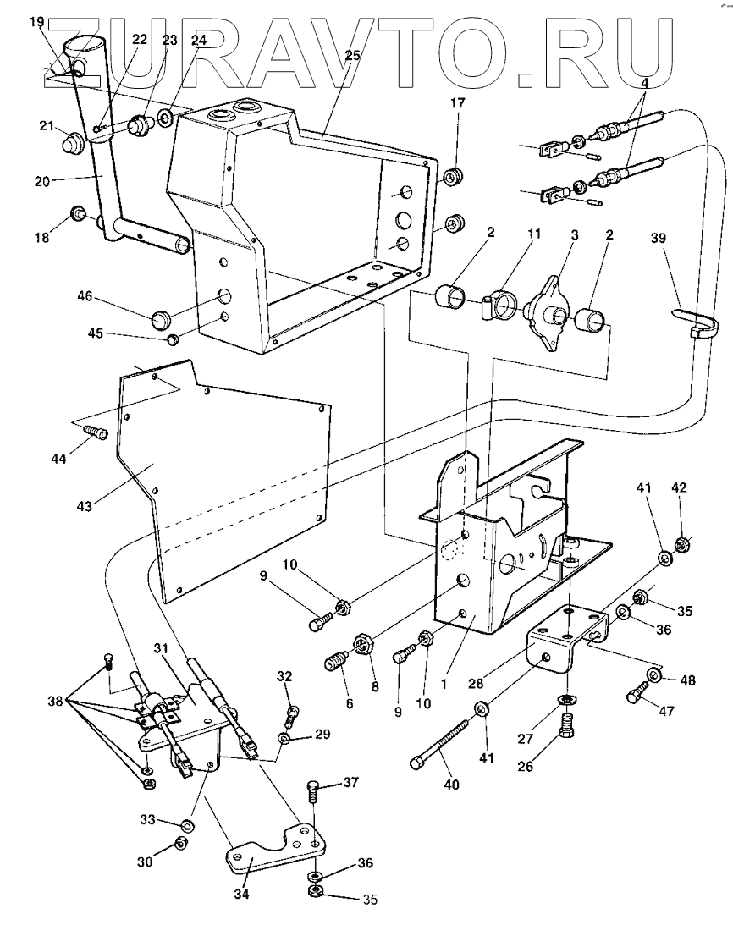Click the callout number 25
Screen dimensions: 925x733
point(352,56)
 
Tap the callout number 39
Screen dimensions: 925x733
point(659,239)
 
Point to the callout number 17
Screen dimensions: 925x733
point(456,103)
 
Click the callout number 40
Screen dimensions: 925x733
point(450,785)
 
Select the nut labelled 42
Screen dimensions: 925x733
point(681,542)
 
